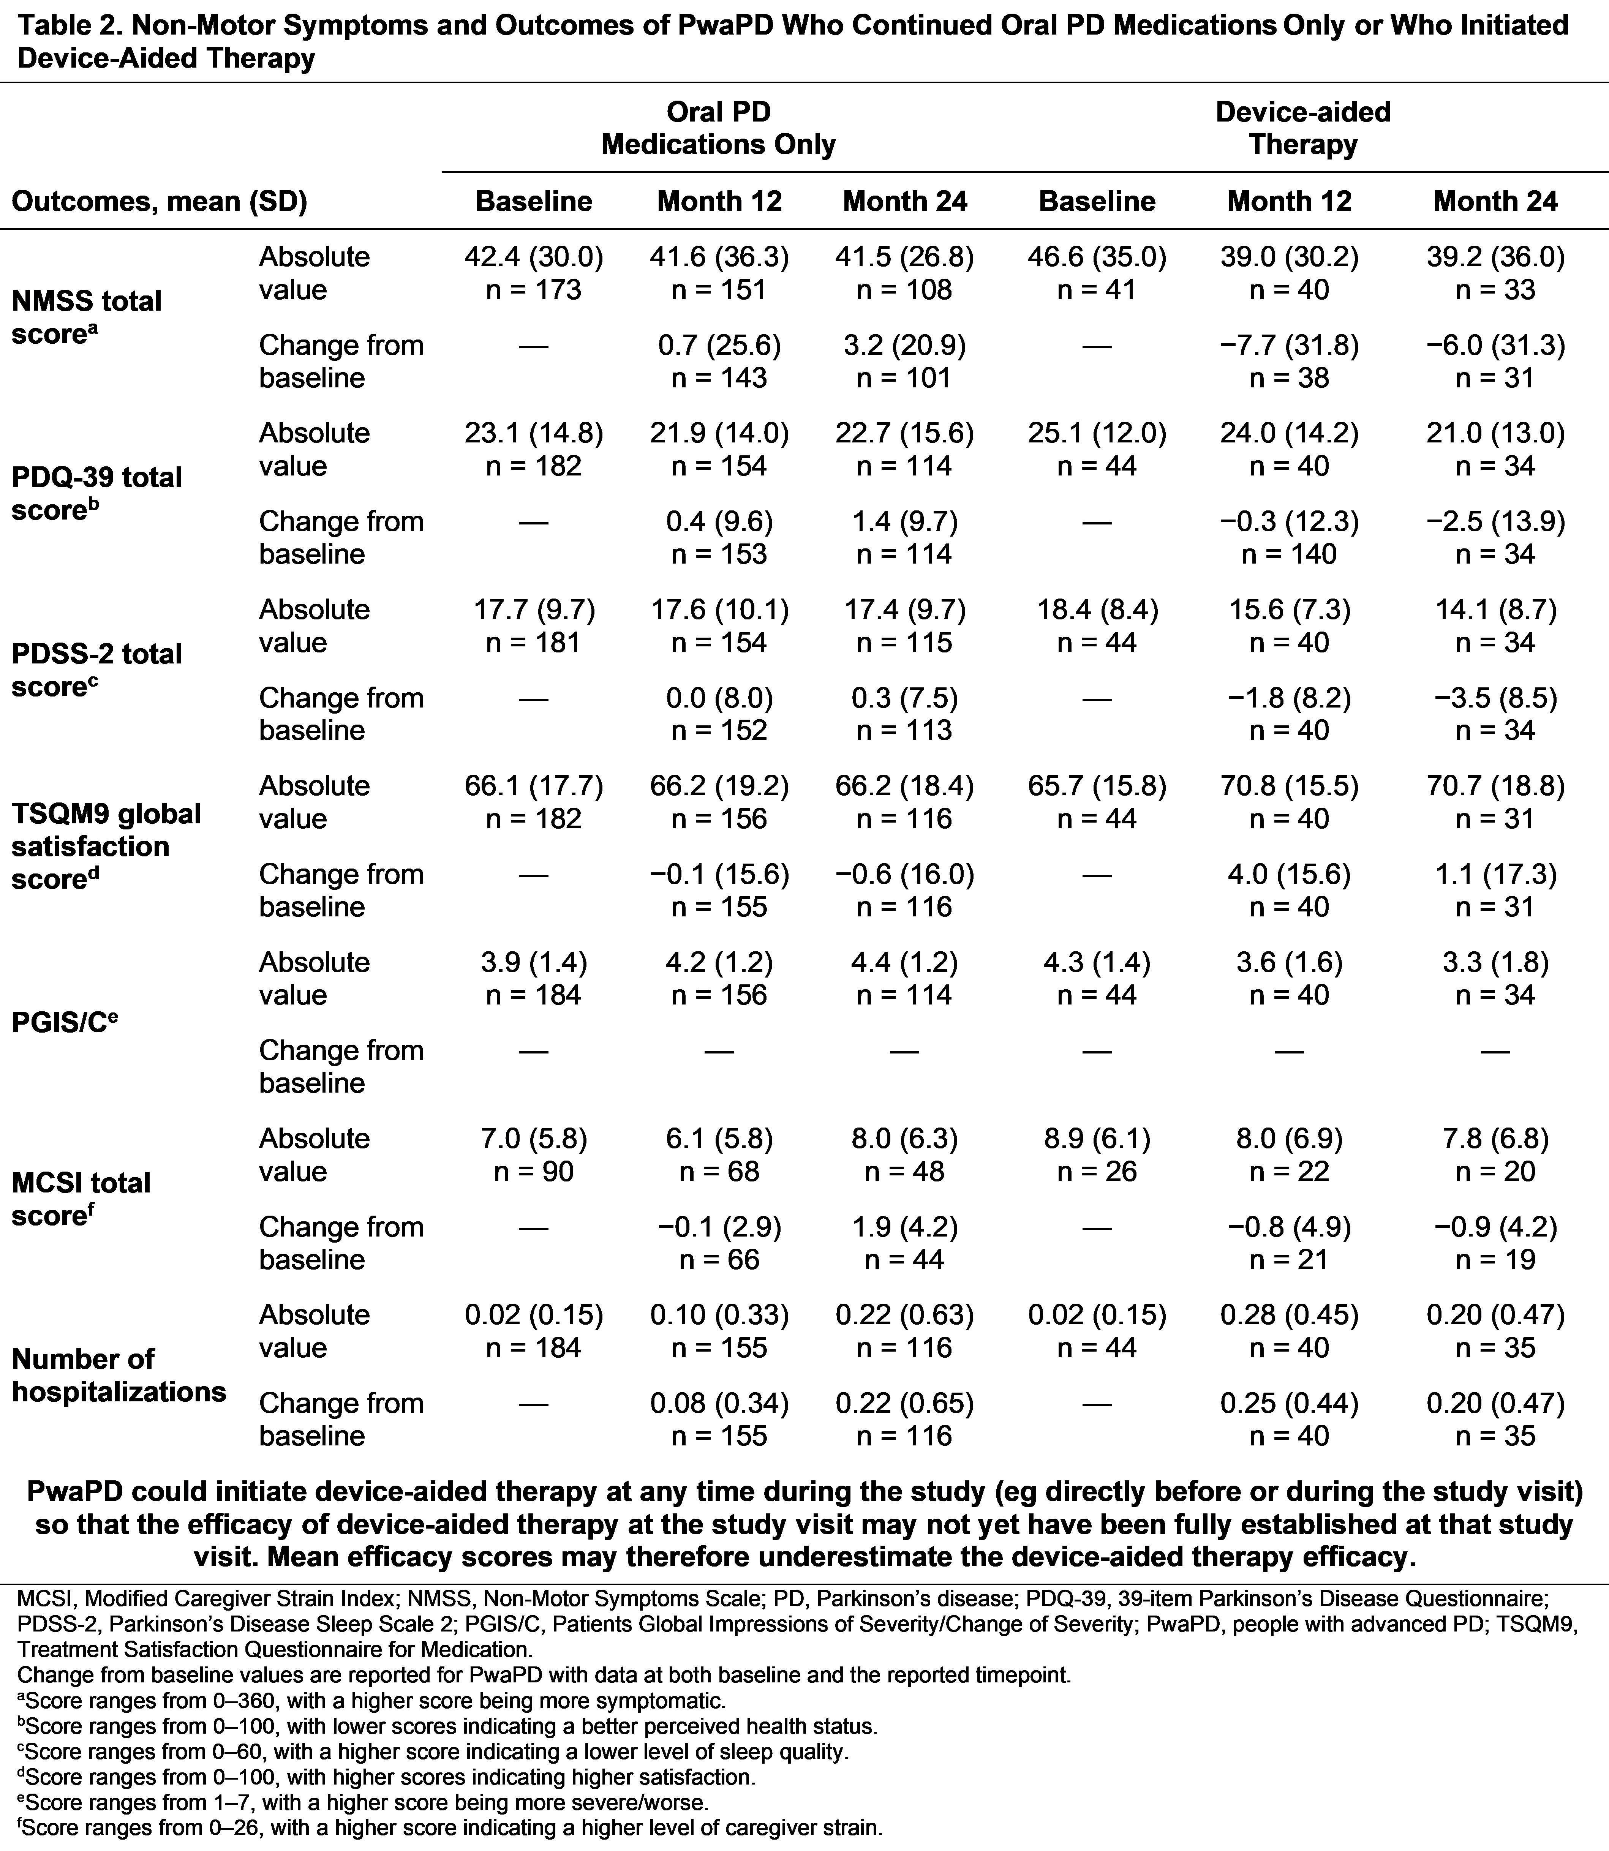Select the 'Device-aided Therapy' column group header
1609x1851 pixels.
1303,128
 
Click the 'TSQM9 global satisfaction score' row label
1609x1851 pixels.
106,846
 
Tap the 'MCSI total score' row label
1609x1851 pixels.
81,1199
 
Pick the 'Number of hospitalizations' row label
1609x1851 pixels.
119,1375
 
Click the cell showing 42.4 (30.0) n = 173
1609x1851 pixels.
533,273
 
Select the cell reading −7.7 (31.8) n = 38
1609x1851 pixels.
1289,361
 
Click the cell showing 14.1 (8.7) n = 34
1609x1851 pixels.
1495,626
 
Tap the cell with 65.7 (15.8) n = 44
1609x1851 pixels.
1097,802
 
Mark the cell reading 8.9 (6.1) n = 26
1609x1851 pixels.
1097,1155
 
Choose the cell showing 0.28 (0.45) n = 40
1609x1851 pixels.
1289,1330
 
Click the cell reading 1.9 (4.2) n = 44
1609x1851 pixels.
904,1242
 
